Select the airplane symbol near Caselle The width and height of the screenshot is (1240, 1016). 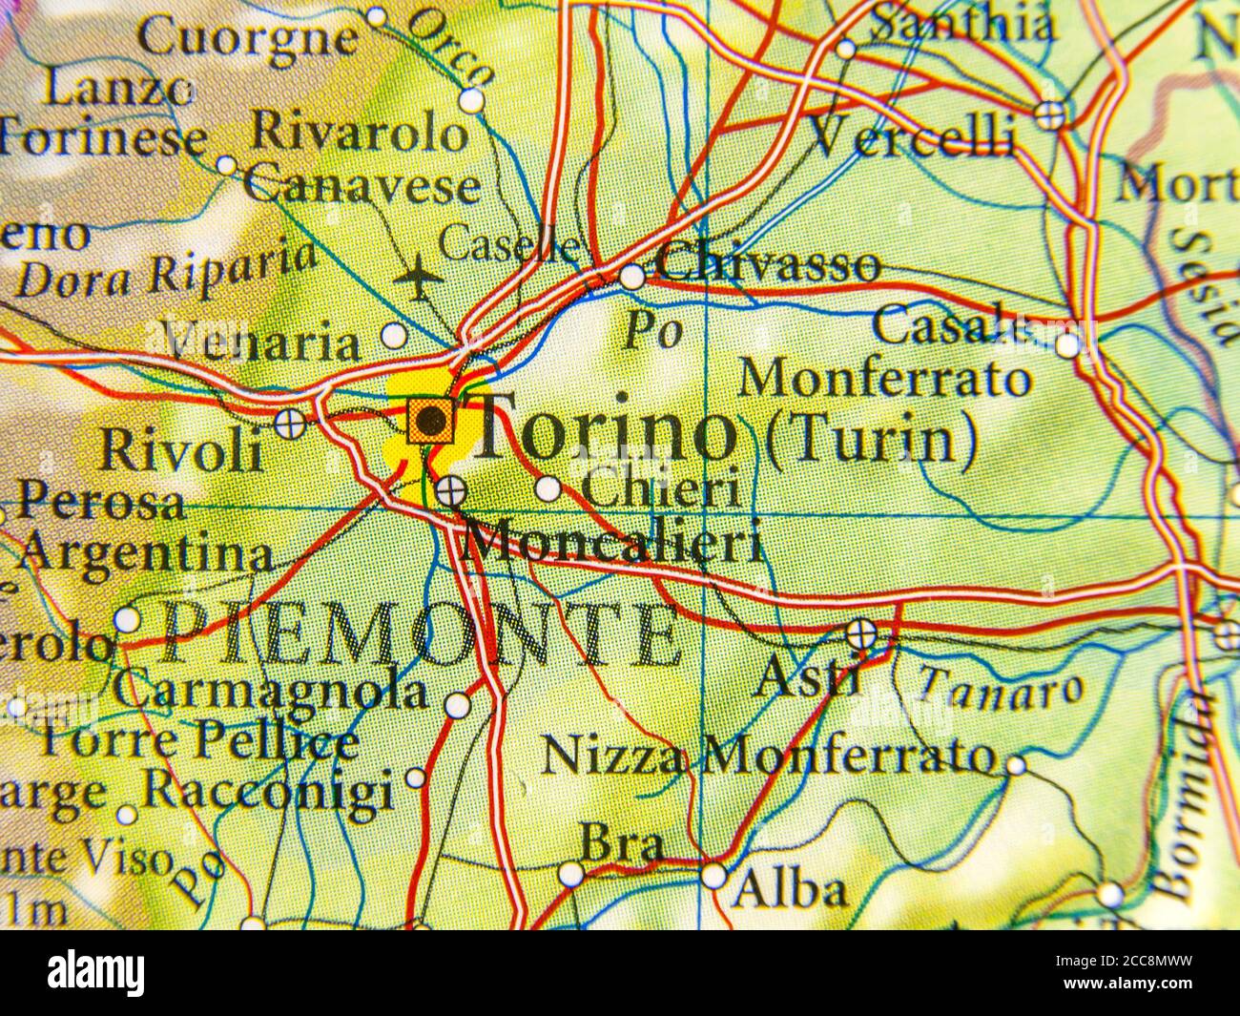[x=418, y=278]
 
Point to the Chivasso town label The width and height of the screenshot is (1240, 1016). [x=768, y=264]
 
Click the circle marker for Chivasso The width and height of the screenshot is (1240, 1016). [x=631, y=278]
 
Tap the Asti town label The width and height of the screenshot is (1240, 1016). [x=807, y=678]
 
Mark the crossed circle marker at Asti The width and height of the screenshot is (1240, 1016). [x=861, y=632]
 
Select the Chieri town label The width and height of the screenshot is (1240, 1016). [x=660, y=489]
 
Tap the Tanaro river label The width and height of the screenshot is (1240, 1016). [x=1002, y=686]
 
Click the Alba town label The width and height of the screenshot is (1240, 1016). [x=790, y=890]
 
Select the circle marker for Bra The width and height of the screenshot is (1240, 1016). [x=570, y=873]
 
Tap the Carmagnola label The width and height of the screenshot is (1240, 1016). [x=270, y=691]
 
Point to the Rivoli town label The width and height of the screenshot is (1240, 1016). [x=181, y=449]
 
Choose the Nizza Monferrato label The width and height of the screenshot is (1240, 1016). [x=768, y=757]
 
